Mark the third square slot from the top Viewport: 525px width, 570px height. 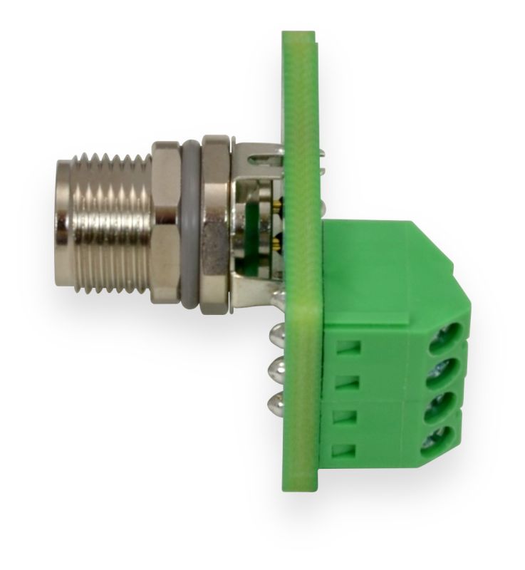click(x=345, y=416)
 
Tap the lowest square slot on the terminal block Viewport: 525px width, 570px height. click(x=345, y=450)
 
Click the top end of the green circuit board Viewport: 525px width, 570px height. click(x=298, y=36)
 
